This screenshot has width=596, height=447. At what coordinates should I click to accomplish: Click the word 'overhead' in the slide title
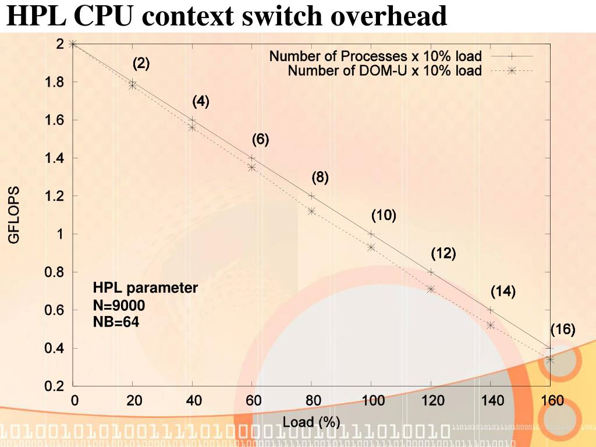click(390, 16)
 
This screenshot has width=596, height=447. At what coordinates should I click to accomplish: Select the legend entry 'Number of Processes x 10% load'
click(375, 56)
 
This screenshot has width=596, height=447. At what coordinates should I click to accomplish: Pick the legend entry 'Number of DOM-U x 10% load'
click(385, 71)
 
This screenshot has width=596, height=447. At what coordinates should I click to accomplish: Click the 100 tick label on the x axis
click(372, 400)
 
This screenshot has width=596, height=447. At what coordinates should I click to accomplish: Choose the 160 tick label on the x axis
click(552, 400)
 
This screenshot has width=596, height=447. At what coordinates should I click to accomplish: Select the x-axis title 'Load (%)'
click(311, 422)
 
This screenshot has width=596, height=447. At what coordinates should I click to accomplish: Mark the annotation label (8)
click(320, 178)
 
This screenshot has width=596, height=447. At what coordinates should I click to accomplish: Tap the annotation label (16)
click(563, 329)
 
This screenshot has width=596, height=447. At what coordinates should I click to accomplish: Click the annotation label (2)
click(141, 63)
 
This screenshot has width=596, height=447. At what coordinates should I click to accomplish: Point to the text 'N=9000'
click(119, 305)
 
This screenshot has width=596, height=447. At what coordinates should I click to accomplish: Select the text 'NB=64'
click(116, 321)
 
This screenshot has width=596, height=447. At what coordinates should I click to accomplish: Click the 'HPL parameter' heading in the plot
click(146, 288)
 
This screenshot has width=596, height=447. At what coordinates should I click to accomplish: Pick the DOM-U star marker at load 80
click(311, 211)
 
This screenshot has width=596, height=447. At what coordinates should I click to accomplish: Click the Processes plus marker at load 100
click(371, 234)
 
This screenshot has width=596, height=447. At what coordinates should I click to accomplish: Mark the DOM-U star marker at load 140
click(490, 325)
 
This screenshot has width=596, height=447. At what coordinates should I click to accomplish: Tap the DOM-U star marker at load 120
click(431, 289)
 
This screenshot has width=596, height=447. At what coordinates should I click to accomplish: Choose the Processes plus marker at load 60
click(251, 158)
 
